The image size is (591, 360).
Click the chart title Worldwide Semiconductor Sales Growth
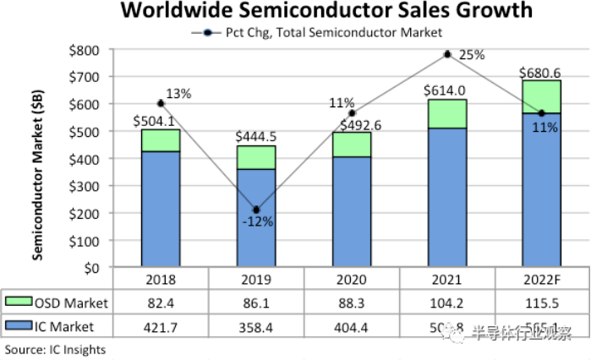(327, 11)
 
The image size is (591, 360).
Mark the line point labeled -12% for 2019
(255, 210)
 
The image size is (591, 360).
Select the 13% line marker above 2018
(160, 103)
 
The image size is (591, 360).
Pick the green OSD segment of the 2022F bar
(541, 96)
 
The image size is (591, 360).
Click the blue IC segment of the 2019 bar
(255, 218)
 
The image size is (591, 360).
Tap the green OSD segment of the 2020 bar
(351, 145)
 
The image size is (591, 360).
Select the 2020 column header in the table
(351, 279)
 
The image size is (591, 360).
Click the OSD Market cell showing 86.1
(255, 302)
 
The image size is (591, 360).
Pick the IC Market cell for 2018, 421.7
(160, 325)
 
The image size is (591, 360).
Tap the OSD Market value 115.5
(541, 302)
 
